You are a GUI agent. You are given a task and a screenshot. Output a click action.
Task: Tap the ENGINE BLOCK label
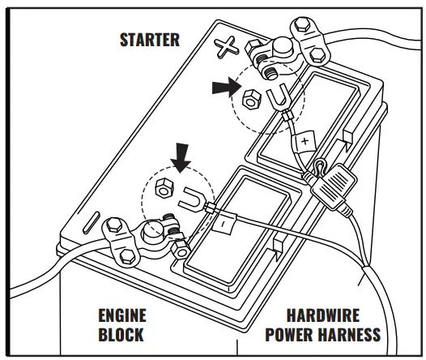click(x=122, y=324)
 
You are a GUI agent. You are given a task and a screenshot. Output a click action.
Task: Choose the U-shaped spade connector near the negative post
click(x=190, y=197)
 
